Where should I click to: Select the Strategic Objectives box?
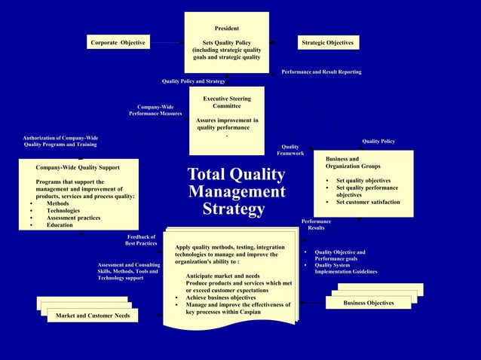(327, 43)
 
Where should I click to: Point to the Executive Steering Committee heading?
(227, 103)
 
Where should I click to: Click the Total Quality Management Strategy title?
(236, 191)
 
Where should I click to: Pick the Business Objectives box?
(368, 303)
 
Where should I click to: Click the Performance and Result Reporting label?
(321, 72)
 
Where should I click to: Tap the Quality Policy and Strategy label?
(194, 81)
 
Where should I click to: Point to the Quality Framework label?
(290, 150)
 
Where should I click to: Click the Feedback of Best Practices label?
(141, 240)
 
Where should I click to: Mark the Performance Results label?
(316, 224)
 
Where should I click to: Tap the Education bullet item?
(60, 225)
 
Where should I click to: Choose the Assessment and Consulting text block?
(129, 272)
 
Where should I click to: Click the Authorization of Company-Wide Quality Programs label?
(60, 141)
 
